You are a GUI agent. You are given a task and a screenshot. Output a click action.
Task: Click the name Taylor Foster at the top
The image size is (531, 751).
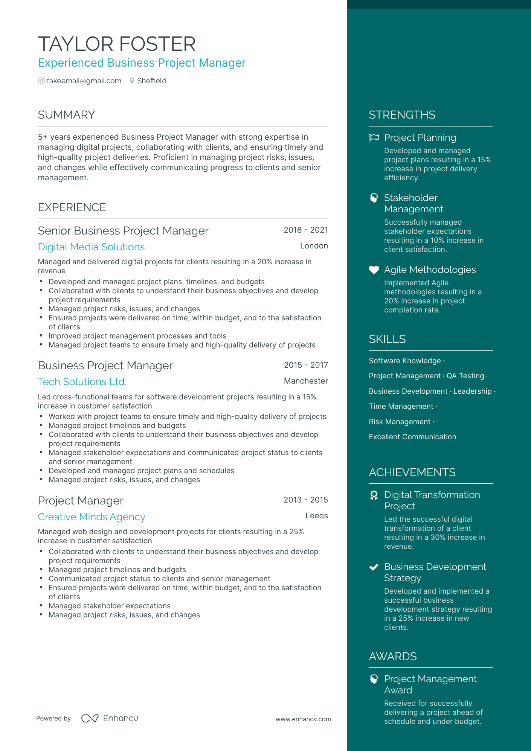pos(117,44)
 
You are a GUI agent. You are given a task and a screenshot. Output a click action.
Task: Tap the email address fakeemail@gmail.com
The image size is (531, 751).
pos(84,81)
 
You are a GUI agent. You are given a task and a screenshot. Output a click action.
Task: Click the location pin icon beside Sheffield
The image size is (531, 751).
pos(132,81)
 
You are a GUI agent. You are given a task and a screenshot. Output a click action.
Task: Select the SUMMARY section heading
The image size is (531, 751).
pos(66,115)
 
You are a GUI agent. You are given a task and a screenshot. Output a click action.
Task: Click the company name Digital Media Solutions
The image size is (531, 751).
pos(91,247)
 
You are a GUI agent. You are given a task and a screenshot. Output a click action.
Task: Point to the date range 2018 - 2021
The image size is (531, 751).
pos(305,230)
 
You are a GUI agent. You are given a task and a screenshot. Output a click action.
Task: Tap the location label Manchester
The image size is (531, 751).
pos(305,381)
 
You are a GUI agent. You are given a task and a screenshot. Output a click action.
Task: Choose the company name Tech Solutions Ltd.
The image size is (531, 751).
pos(82,382)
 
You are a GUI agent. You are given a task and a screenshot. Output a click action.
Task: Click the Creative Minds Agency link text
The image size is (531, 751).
pos(92,517)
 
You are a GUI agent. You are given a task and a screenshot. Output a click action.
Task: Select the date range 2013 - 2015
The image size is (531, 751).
pos(305,500)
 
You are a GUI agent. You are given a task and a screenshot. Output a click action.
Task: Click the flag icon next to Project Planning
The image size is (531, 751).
pos(374,138)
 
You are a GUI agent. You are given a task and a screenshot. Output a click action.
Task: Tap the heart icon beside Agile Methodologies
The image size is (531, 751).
pos(374,270)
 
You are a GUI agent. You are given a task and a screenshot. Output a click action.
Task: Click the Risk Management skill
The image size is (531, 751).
pos(400,422)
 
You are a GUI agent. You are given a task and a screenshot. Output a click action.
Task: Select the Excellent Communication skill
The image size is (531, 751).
pos(412,437)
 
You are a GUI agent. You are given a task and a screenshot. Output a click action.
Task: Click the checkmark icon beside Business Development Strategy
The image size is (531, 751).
pos(374,567)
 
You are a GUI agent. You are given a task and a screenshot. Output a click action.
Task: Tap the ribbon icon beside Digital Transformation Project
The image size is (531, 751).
pos(374,495)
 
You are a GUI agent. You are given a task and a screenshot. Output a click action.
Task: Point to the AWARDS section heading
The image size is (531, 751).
pos(393,657)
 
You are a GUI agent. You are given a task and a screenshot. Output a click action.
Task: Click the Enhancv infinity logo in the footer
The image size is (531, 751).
pos(90,719)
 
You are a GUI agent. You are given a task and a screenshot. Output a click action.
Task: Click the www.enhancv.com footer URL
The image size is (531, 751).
pos(303,719)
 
